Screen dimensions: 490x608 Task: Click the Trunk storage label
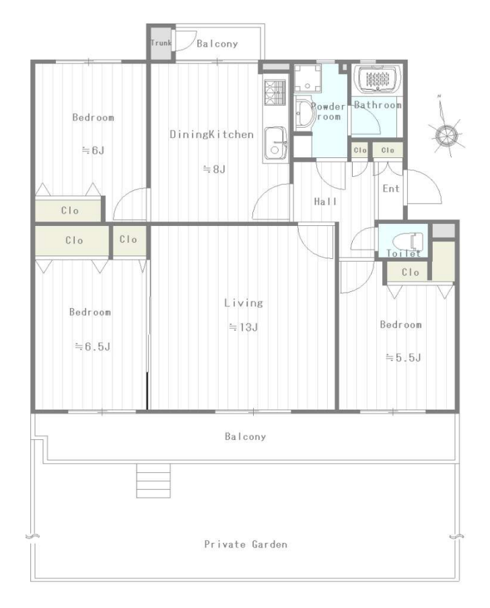tap(161, 42)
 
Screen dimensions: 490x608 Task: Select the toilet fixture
tap(408, 242)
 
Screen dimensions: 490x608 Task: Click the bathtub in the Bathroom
tap(378, 80)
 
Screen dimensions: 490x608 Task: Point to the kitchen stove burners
tap(275, 92)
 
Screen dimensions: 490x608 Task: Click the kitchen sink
tap(275, 143)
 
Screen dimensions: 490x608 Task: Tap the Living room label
tap(244, 303)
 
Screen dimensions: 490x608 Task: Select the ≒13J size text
tap(243, 328)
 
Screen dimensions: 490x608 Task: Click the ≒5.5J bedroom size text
tap(403, 358)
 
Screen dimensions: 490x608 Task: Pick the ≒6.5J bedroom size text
tap(92, 346)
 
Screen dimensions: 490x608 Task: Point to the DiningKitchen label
tap(212, 135)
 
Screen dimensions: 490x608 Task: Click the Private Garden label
tap(246, 544)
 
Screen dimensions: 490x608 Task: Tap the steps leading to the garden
tap(153, 481)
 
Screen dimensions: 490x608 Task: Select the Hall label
tap(326, 201)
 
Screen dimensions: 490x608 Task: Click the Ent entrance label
tap(390, 188)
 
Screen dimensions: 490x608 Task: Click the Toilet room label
tap(403, 254)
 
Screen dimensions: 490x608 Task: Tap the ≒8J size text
tap(214, 169)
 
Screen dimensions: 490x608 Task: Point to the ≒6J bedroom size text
tap(93, 150)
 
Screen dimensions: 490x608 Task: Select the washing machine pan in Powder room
tap(308, 79)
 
